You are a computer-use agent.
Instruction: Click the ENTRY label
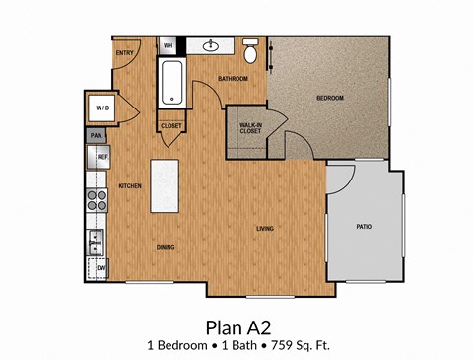124,53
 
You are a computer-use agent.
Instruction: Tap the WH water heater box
168,45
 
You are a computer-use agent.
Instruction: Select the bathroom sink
211,45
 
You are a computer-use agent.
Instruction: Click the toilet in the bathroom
251,49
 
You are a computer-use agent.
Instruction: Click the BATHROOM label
233,78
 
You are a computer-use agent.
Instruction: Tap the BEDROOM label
329,99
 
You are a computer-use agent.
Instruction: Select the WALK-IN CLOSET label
250,128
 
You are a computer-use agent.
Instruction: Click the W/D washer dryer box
102,108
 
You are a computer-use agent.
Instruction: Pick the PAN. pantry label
97,135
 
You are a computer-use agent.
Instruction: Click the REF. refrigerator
101,156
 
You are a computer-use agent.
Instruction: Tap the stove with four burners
98,200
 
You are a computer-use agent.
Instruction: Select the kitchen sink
97,240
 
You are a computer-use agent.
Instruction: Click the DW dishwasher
101,266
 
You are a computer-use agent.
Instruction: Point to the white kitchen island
167,186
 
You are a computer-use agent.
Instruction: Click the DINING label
166,248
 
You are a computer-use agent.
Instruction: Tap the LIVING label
264,229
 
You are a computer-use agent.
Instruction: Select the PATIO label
364,227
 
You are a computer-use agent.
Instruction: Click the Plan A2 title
236,326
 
